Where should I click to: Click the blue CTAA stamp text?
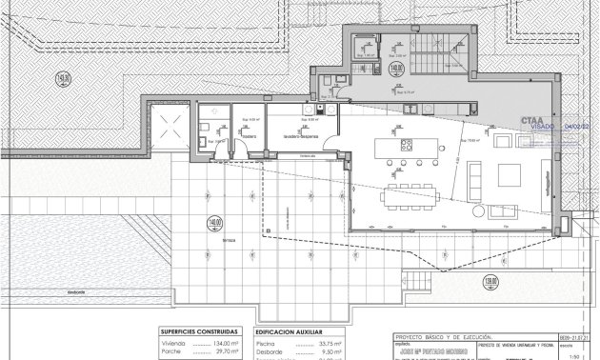[533, 121]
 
